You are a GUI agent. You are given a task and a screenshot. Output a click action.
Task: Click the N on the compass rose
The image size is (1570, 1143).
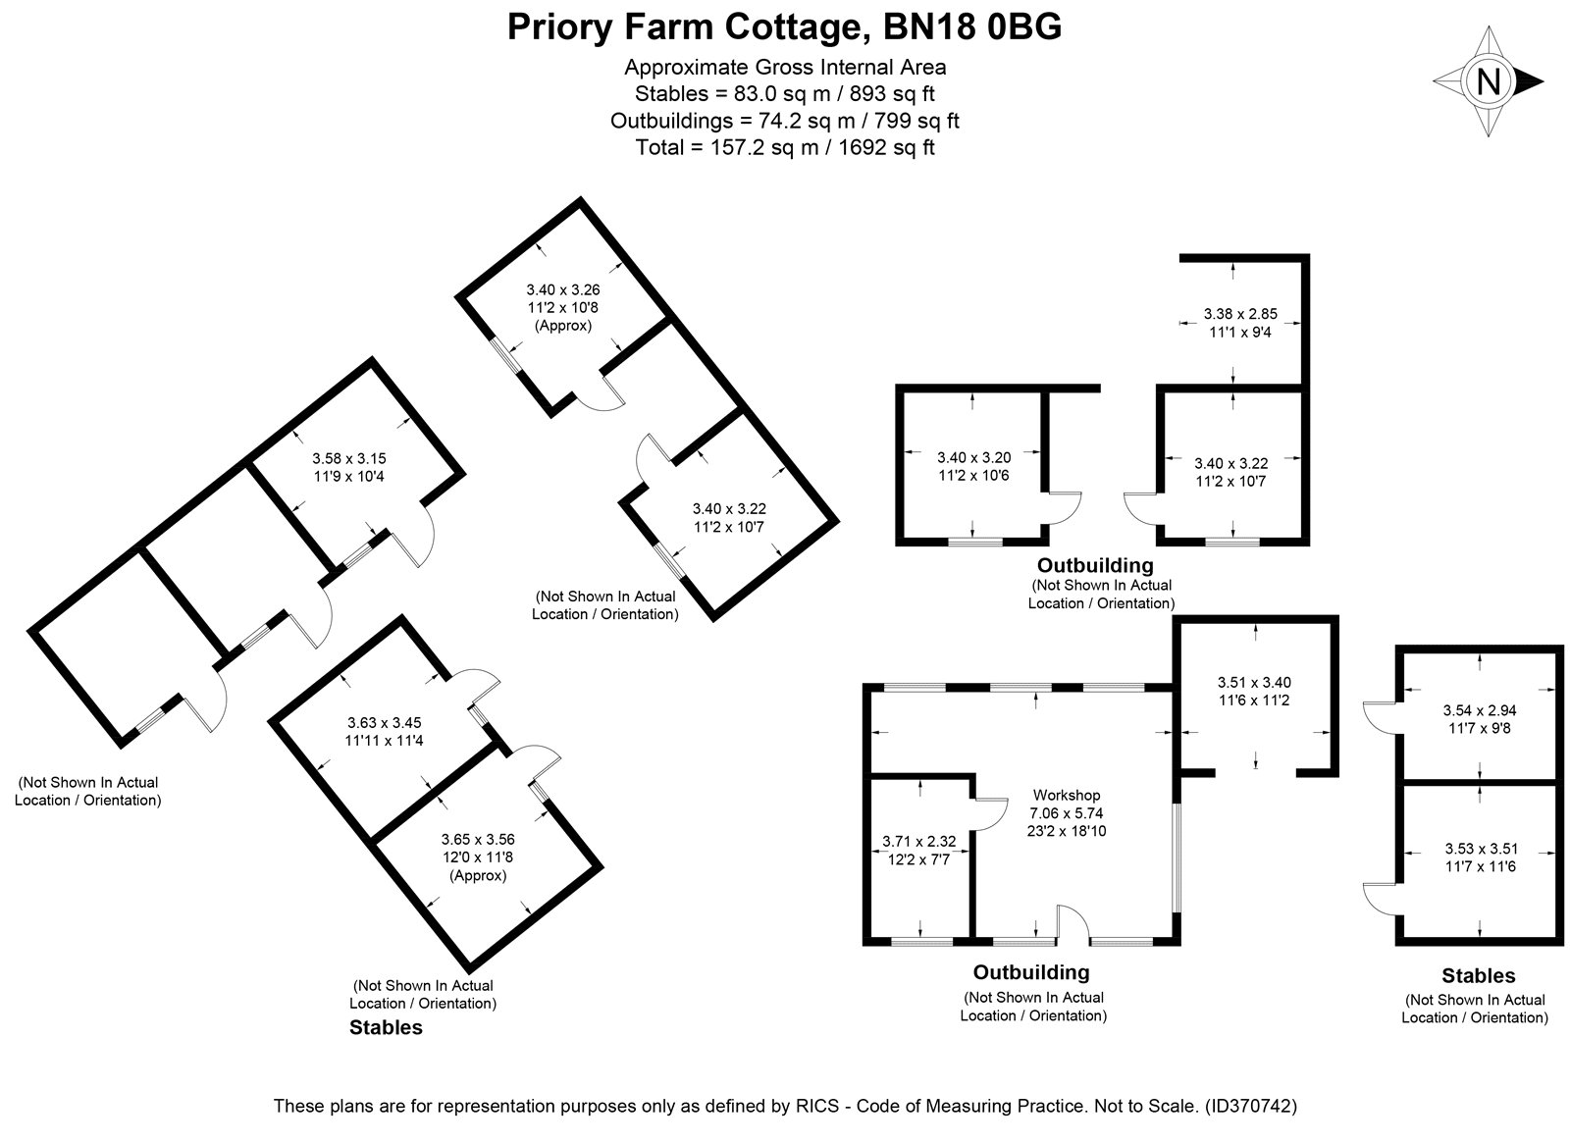pyautogui.click(x=1489, y=81)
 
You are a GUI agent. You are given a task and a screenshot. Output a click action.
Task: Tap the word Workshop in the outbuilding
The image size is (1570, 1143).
pyautogui.click(x=1067, y=796)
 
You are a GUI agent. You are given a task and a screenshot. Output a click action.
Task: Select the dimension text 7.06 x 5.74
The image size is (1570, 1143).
pyautogui.click(x=1066, y=813)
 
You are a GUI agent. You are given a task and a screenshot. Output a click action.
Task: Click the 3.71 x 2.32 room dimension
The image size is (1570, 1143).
pyautogui.click(x=918, y=841)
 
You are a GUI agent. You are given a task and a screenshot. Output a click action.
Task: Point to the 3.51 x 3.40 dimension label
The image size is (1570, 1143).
pyautogui.click(x=1254, y=682)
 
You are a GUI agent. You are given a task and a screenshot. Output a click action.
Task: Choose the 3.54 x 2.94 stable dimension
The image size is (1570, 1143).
pyautogui.click(x=1480, y=710)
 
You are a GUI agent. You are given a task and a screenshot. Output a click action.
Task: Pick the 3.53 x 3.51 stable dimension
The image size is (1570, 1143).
pyautogui.click(x=1481, y=849)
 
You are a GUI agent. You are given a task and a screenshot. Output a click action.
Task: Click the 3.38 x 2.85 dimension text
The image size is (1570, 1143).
pyautogui.click(x=1240, y=314)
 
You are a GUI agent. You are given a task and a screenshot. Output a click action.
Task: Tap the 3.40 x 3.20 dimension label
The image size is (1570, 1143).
pyautogui.click(x=974, y=457)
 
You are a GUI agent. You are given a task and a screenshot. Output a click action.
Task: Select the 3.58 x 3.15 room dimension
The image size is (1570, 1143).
pyautogui.click(x=349, y=458)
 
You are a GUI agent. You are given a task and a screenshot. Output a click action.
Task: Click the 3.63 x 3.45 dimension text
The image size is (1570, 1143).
pyautogui.click(x=384, y=722)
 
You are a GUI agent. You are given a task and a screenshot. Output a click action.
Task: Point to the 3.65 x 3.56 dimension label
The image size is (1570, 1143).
pyautogui.click(x=478, y=839)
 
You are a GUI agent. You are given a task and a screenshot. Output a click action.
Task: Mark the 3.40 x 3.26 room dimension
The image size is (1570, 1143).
pyautogui.click(x=563, y=289)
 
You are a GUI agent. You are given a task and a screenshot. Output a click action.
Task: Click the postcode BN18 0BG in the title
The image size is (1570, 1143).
pyautogui.click(x=972, y=26)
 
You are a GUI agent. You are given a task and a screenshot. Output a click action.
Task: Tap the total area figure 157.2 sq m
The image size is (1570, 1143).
pyautogui.click(x=764, y=147)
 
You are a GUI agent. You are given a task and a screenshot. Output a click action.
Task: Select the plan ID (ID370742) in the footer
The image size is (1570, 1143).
pyautogui.click(x=1251, y=1106)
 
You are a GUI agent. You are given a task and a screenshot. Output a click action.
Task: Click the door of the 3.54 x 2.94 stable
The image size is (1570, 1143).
pyautogui.click(x=1380, y=719)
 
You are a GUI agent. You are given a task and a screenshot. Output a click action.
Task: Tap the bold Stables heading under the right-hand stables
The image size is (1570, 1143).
pyautogui.click(x=1478, y=975)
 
